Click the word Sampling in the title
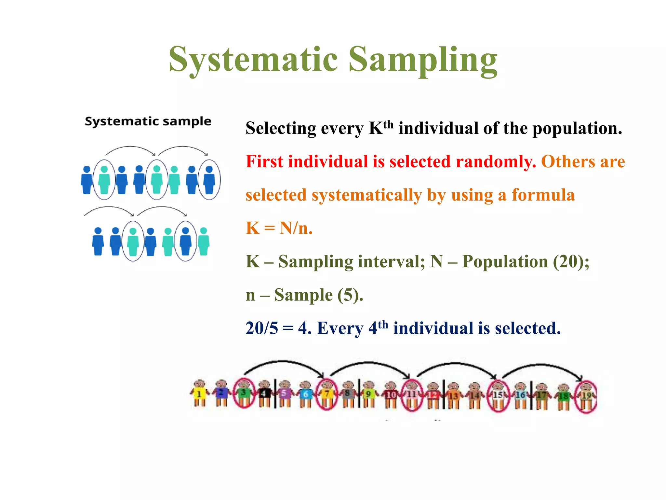pyautogui.click(x=423, y=60)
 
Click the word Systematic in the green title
pyautogui.click(x=254, y=60)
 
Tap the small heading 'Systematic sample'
pyautogui.click(x=148, y=121)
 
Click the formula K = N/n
pyautogui.click(x=279, y=228)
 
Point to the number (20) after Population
pyautogui.click(x=571, y=261)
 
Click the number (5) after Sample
pyautogui.click(x=350, y=295)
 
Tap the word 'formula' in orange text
pyautogui.click(x=543, y=195)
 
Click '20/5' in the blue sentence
pyautogui.click(x=262, y=328)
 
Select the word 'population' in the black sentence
pyautogui.click(x=577, y=128)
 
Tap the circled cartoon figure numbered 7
pyautogui.click(x=327, y=395)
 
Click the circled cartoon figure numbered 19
pyautogui.click(x=586, y=396)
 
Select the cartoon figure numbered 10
pyautogui.click(x=391, y=395)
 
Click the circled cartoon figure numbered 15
pyautogui.click(x=498, y=396)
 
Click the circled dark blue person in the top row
pyautogui.click(x=209, y=180)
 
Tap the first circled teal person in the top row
pyautogui.click(x=104, y=180)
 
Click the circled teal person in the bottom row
pyautogui.click(x=133, y=241)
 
